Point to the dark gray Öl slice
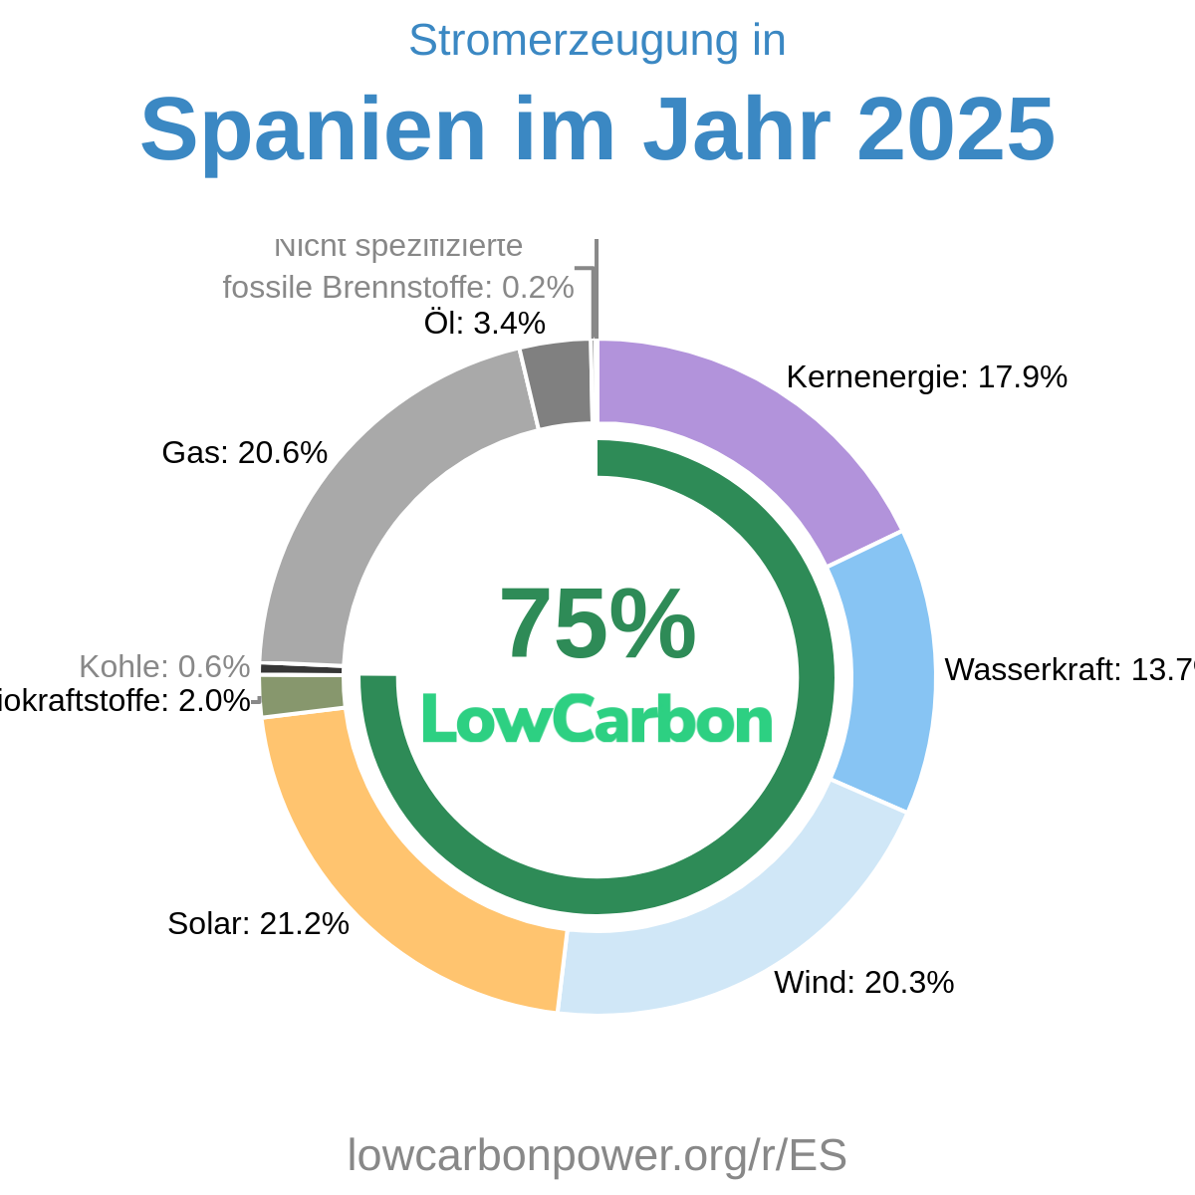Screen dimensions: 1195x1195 coord(558,383)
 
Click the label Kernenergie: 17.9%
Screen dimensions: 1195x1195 coord(926,377)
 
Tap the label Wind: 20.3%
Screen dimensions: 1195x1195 coord(863,983)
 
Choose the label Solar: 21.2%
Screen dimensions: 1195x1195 coord(258,924)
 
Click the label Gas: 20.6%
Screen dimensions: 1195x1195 coord(244,453)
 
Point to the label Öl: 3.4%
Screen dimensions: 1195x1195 coord(484,323)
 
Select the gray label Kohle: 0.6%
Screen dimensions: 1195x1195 coord(164,666)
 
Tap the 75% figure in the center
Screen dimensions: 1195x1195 coord(597,625)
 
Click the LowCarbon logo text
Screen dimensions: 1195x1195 coord(597,718)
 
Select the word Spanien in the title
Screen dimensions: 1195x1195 coord(313,129)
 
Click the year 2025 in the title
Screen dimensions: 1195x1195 coord(955,129)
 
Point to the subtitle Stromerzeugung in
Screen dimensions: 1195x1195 coord(597,41)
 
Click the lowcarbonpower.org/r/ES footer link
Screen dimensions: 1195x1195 coord(597,1155)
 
